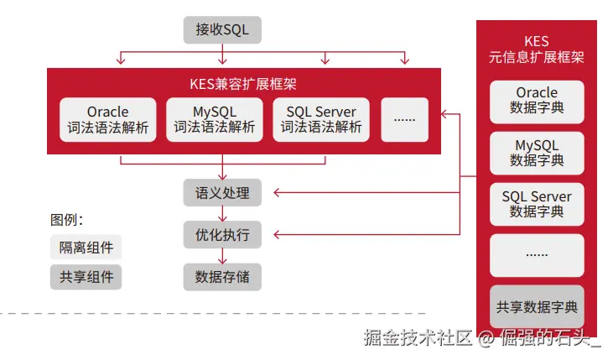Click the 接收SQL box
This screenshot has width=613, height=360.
tap(222, 30)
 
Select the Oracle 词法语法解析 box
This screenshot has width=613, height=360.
tap(108, 119)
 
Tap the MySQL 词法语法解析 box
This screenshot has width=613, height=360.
tap(215, 119)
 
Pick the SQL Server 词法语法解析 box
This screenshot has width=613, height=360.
tap(321, 119)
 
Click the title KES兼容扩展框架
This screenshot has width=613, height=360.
tap(242, 84)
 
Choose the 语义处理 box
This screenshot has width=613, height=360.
tap(222, 193)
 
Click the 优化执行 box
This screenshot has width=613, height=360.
tap(222, 235)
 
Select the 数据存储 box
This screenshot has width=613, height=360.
tap(222, 276)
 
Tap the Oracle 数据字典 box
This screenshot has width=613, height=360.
tap(537, 100)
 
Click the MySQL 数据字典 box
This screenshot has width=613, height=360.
tap(537, 153)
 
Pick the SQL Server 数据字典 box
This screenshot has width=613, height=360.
tap(537, 204)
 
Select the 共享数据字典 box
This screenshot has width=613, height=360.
tap(537, 307)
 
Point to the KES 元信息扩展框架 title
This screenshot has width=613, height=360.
tap(537, 50)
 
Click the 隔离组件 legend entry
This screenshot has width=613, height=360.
tap(86, 248)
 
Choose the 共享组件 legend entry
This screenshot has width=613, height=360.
tap(86, 277)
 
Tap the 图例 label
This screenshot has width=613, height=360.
tap(67, 220)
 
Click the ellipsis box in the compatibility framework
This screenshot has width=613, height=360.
tap(405, 119)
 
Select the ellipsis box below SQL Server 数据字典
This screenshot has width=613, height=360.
tap(537, 255)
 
